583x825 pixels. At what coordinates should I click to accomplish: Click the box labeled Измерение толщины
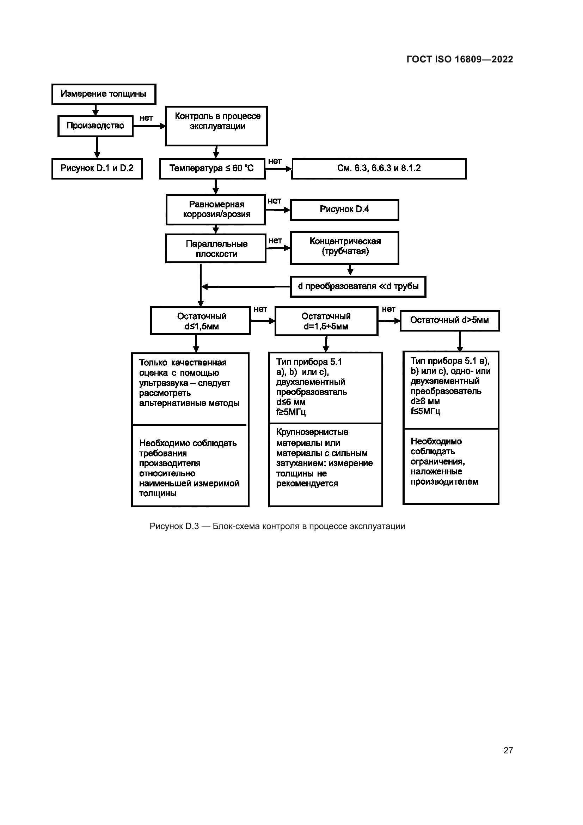point(103,94)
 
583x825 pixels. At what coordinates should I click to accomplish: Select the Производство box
point(96,126)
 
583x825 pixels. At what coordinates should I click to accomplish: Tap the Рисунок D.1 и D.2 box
point(97,168)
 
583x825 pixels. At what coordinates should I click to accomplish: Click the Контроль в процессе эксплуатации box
point(216,126)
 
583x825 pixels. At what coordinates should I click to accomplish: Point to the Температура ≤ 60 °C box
point(212,168)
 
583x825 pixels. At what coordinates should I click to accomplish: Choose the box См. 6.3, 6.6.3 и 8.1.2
point(379,168)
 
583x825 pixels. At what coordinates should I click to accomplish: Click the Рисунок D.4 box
point(344,210)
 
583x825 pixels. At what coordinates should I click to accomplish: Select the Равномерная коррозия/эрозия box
point(216,210)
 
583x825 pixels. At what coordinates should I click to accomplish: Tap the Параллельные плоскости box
point(216,249)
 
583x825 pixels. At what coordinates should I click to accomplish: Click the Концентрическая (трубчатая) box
point(345,247)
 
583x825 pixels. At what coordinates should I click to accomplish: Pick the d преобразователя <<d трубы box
point(358,286)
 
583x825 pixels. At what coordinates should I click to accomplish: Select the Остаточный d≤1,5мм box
point(201,321)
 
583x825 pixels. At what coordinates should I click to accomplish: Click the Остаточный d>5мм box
point(449,320)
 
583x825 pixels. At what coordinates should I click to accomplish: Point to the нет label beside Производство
point(146,118)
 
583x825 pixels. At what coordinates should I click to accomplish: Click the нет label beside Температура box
point(275,161)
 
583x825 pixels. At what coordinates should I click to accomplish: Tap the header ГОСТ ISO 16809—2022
point(460,59)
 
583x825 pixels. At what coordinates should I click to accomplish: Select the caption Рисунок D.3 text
point(277,526)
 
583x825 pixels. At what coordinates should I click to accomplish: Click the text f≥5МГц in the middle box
point(291,412)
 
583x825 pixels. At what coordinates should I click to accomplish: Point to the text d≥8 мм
point(425,401)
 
